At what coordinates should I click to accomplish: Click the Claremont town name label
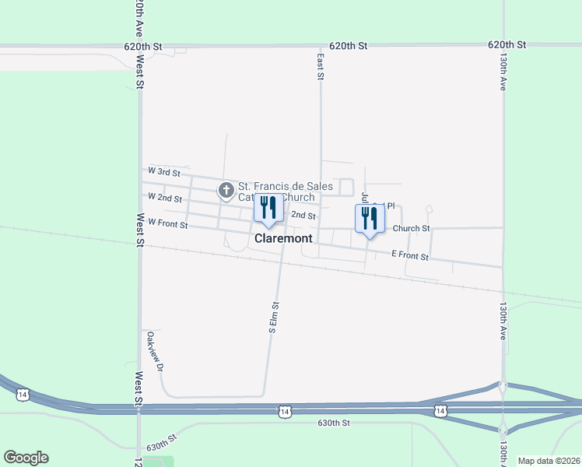click(283, 237)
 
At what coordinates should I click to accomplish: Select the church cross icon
click(226, 189)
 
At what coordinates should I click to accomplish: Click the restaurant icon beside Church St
click(370, 217)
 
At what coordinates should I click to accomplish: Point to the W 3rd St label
click(163, 170)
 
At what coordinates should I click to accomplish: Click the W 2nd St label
click(164, 198)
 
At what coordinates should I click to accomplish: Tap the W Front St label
click(168, 225)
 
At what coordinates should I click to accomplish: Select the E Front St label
click(410, 255)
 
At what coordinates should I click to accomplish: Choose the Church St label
click(411, 228)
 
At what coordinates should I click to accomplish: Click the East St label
click(320, 66)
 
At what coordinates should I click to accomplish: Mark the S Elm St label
click(273, 318)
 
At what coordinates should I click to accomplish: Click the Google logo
click(26, 458)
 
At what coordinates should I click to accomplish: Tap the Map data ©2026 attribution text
click(549, 461)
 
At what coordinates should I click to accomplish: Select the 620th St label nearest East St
click(348, 46)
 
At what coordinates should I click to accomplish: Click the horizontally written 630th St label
click(335, 423)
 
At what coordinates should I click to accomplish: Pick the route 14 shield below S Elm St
click(285, 411)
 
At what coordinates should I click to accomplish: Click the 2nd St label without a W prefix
click(303, 216)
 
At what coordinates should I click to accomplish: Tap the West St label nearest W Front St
click(141, 231)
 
